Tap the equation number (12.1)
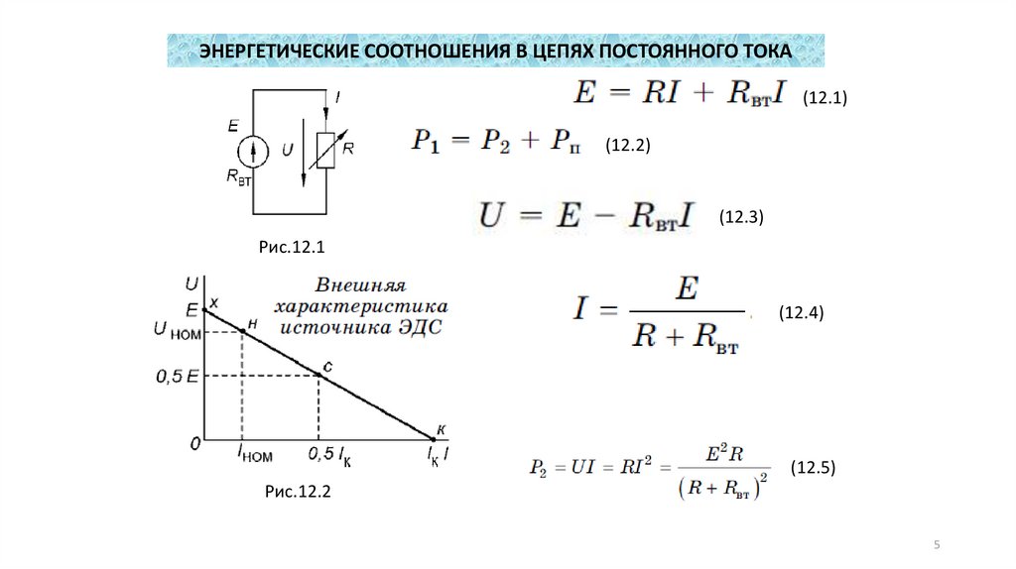[x=824, y=98]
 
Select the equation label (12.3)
[x=741, y=217]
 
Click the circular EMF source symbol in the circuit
[x=254, y=151]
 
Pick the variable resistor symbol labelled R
[x=324, y=150]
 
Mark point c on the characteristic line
[x=318, y=375]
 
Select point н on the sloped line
[x=242, y=330]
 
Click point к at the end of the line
[x=434, y=438]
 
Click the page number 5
[x=938, y=546]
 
